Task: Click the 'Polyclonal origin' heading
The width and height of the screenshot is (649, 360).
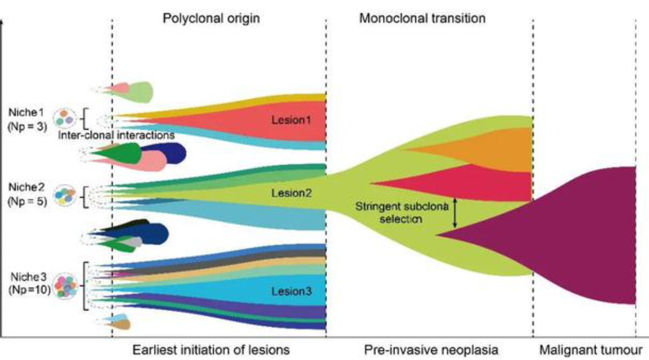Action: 211,18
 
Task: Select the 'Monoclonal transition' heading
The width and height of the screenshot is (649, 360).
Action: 422,18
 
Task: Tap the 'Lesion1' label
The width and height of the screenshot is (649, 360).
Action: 291,120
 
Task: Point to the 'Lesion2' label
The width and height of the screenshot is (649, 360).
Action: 291,193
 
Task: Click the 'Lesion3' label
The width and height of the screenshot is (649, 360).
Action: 291,291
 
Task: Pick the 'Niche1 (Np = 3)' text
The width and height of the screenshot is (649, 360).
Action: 27,120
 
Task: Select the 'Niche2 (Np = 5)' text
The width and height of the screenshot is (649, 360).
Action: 27,194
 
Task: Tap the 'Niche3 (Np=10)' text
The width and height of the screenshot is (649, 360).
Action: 29,283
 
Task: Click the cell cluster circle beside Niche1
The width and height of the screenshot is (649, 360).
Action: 64,117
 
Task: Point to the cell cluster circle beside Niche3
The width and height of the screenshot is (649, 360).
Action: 65,286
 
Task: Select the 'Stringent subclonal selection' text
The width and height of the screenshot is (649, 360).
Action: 402,213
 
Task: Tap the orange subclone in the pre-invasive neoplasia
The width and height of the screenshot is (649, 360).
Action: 497,149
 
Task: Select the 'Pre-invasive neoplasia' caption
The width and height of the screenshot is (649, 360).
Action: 431,350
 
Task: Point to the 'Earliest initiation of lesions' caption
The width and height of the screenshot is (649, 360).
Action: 211,350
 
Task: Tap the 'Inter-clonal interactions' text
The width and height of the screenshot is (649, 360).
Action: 117,135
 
